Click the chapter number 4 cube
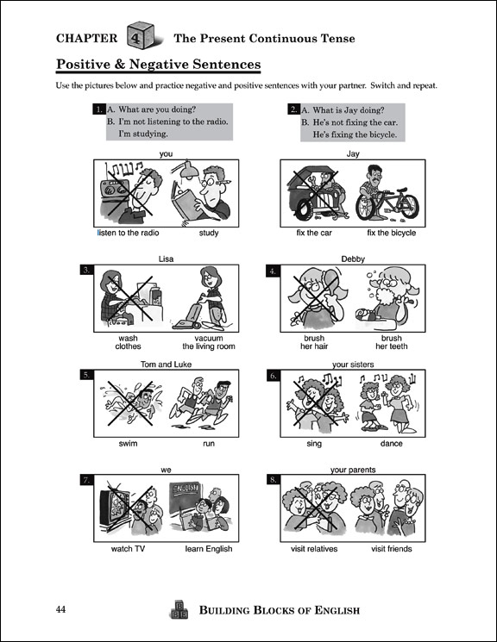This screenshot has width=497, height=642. [x=141, y=35]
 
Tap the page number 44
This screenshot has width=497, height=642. [x=60, y=609]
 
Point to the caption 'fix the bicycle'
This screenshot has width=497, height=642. [x=391, y=233]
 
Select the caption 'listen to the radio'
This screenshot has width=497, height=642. [x=128, y=233]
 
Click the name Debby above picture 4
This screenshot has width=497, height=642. [x=353, y=259]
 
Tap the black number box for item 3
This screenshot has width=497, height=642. [x=86, y=270]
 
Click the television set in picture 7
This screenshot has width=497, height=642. [x=115, y=506]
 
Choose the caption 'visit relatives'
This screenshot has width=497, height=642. [x=314, y=549]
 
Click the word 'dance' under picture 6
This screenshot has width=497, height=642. [x=391, y=444]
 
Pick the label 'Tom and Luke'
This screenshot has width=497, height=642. [x=166, y=365]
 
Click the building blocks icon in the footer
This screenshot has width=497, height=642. [x=179, y=610]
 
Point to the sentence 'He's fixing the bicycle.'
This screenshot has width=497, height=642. [x=355, y=134]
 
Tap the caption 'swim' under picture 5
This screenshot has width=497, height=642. [x=128, y=444]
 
